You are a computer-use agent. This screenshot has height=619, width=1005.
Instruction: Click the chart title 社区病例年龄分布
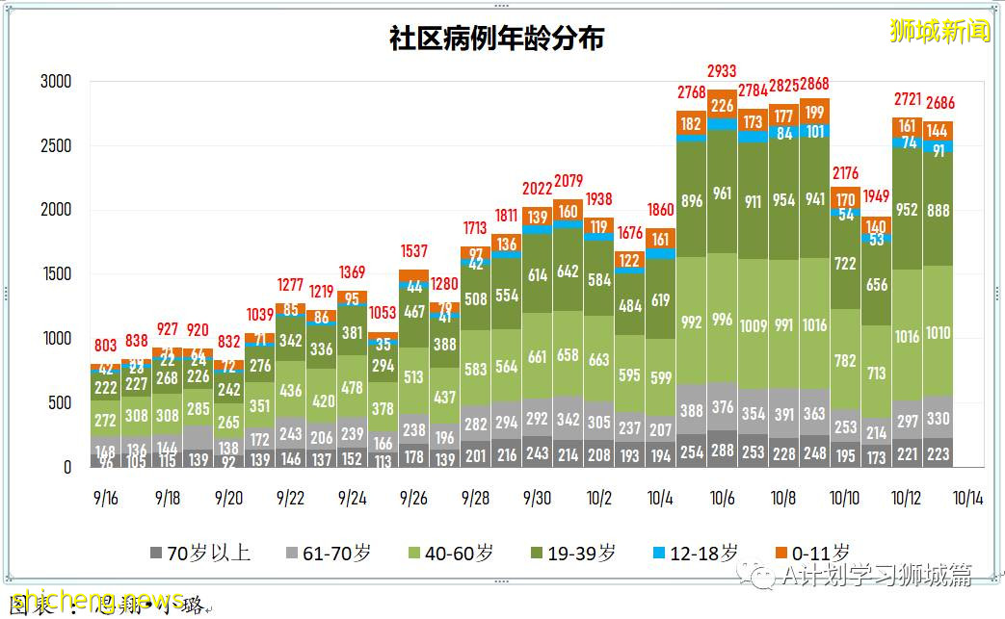pyautogui.click(x=496, y=38)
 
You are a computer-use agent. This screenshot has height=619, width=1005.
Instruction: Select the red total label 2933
pyautogui.click(x=723, y=71)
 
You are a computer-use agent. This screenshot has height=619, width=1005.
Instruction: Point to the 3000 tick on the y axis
pyautogui.click(x=56, y=82)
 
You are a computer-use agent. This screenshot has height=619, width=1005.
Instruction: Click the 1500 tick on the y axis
pyautogui.click(x=56, y=274)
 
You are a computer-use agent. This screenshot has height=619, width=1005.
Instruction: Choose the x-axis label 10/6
pyautogui.click(x=722, y=499)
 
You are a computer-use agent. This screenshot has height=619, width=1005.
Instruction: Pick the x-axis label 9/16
pyautogui.click(x=105, y=499)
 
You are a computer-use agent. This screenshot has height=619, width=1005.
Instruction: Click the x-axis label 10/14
pyautogui.click(x=967, y=499)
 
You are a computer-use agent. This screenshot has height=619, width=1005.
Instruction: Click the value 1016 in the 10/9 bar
pyautogui.click(x=814, y=325)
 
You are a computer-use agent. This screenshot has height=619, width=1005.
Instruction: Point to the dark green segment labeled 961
pyautogui.click(x=723, y=193)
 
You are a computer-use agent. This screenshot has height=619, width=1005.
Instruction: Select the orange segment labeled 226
pyautogui.click(x=723, y=106)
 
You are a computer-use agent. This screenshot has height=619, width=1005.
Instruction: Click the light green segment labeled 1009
pyautogui.click(x=753, y=325)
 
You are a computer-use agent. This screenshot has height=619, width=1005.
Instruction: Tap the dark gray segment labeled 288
pyautogui.click(x=723, y=450)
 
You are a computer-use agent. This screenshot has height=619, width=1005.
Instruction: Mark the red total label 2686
pyautogui.click(x=939, y=103)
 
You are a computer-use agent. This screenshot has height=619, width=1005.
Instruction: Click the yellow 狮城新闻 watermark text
pyautogui.click(x=939, y=31)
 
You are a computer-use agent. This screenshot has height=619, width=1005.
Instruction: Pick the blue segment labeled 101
pyautogui.click(x=814, y=131)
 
